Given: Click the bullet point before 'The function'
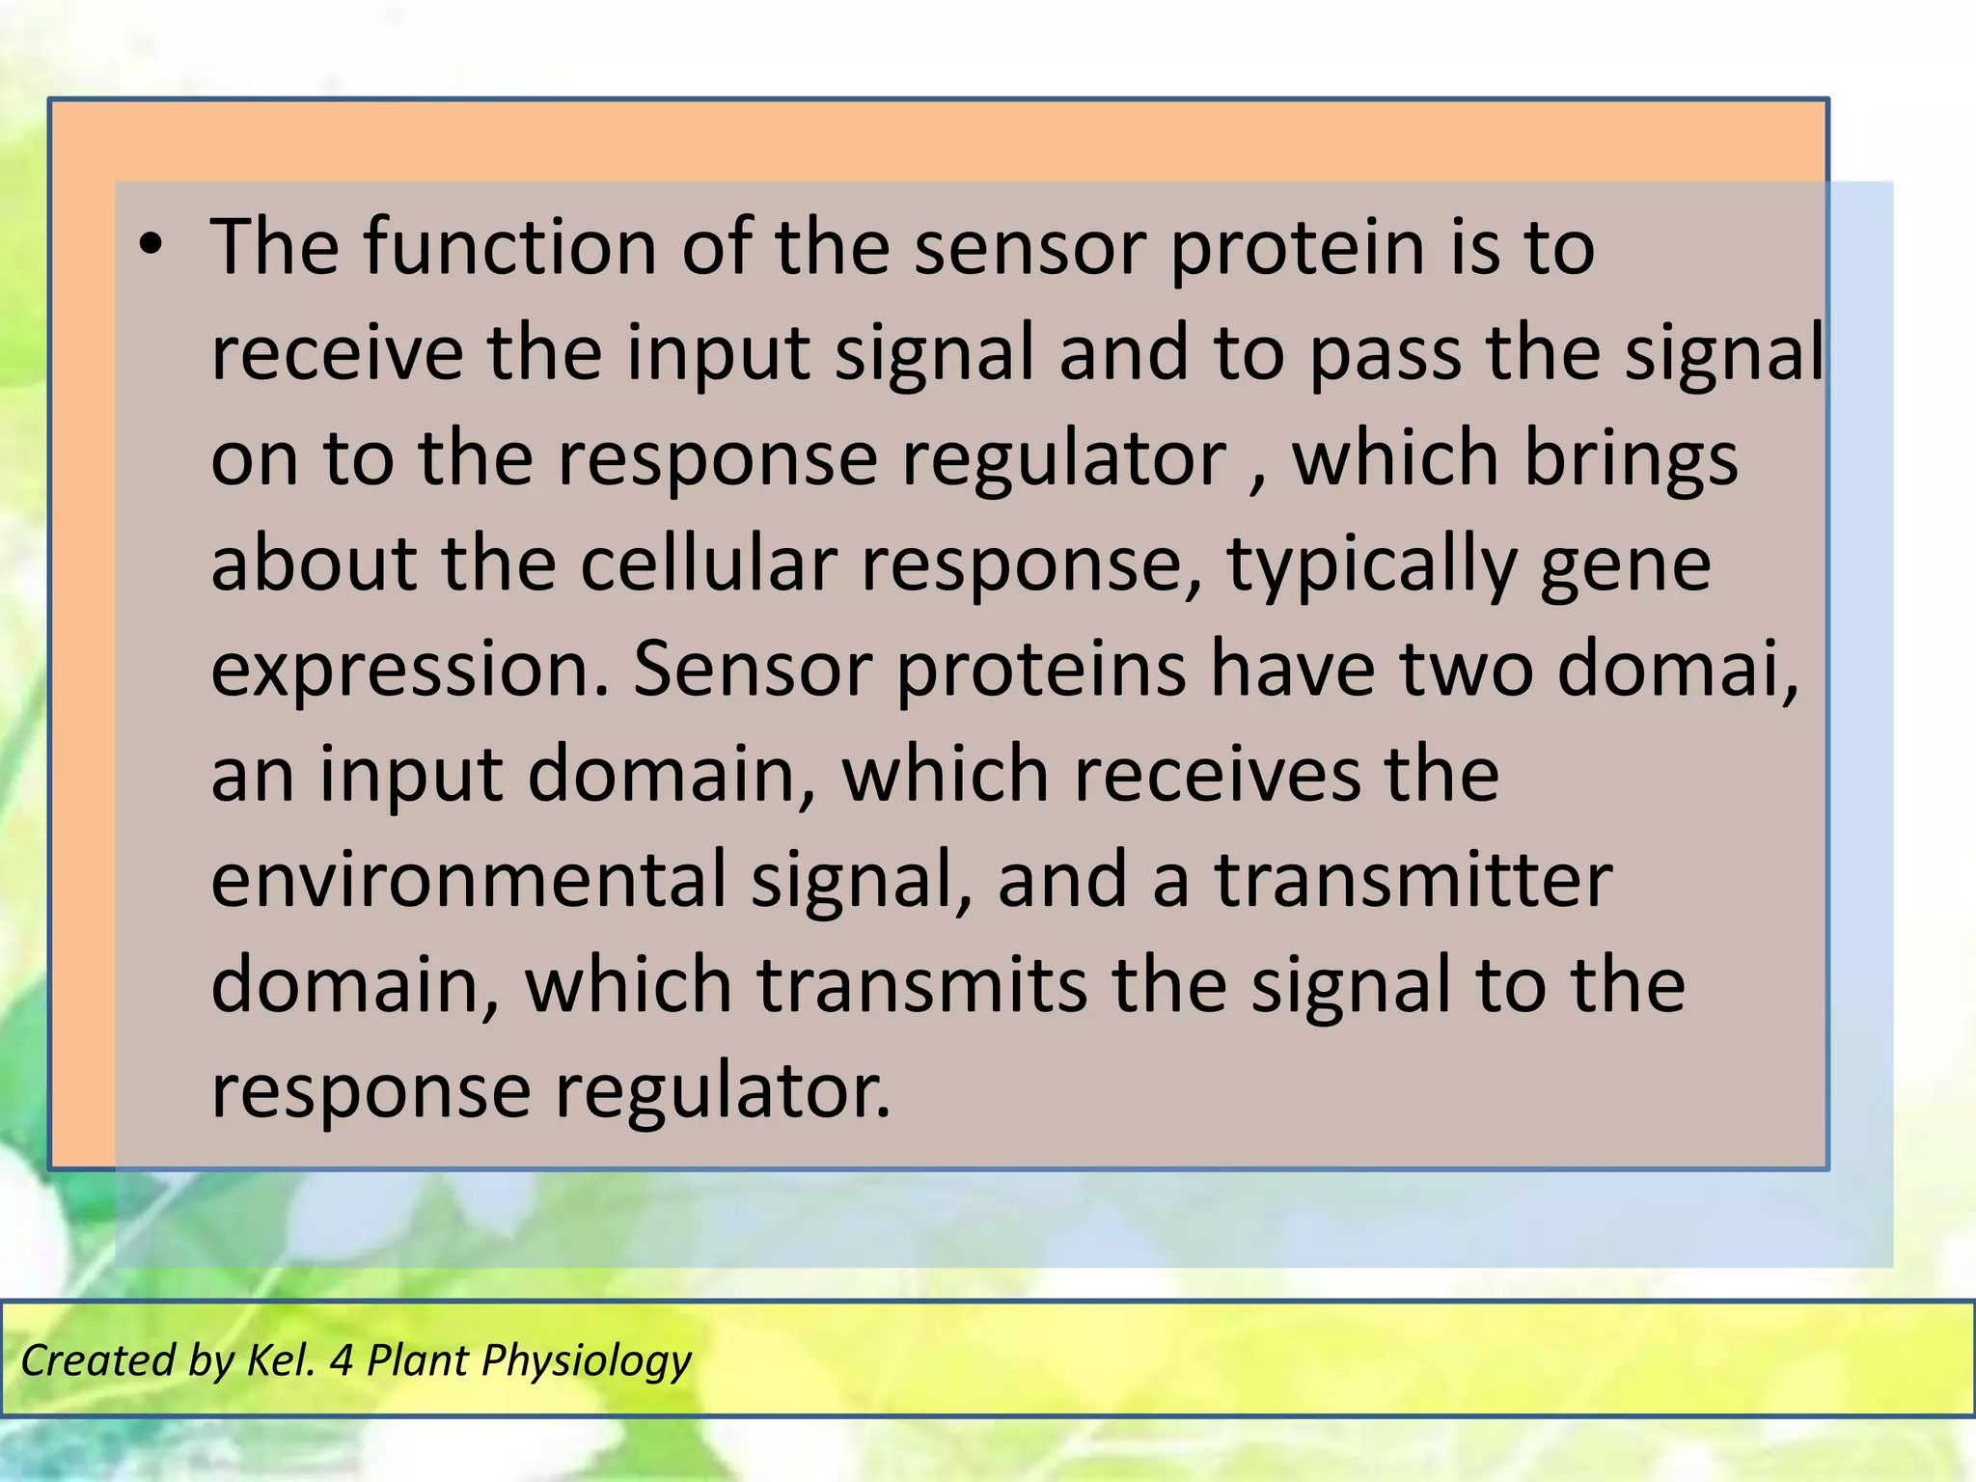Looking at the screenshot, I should tap(151, 247).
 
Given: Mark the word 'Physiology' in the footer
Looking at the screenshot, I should tap(587, 1361).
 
